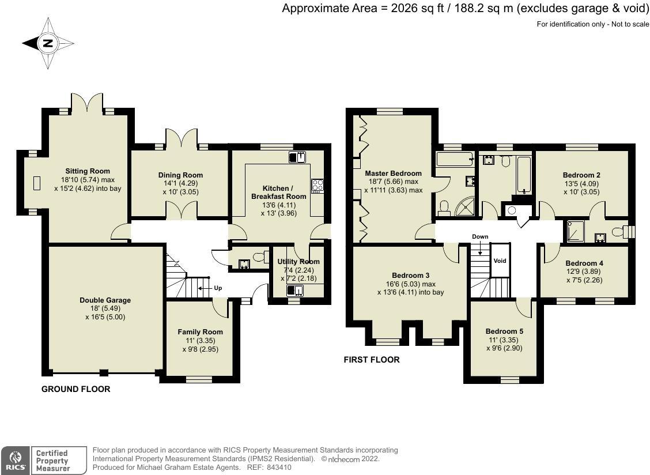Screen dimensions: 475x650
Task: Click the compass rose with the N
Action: [x=48, y=43]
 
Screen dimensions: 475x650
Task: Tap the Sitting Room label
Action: [x=88, y=171]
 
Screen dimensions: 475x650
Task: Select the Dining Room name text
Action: [x=180, y=175]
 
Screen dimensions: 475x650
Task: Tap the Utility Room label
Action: [x=298, y=262]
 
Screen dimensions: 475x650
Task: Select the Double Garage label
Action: [x=105, y=300]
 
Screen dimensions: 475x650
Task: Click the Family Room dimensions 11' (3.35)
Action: [x=200, y=341]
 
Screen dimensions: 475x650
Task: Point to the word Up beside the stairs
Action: [x=218, y=288]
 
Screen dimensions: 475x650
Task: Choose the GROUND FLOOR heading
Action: [x=75, y=389]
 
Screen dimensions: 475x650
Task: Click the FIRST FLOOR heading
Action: [x=372, y=360]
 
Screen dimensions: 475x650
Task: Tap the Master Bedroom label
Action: [x=393, y=174]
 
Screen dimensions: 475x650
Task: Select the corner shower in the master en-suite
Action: [x=465, y=207]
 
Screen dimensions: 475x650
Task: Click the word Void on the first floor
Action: [x=500, y=261]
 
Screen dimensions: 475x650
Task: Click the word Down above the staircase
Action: [x=480, y=237]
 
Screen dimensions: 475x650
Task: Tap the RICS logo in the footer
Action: [x=14, y=461]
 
